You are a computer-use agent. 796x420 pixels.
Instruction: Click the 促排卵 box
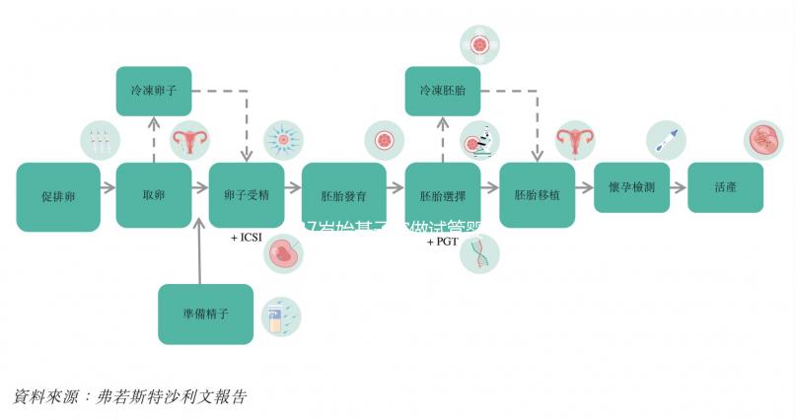[x=58, y=196]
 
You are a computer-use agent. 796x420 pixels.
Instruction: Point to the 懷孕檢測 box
[x=631, y=186]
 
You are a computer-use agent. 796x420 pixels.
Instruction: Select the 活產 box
[x=725, y=186]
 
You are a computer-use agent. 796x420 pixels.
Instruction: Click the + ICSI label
[x=248, y=239]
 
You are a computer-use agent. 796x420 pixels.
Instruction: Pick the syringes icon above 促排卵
[x=99, y=141]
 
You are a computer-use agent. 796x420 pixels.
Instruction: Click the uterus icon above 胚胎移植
[x=573, y=142]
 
